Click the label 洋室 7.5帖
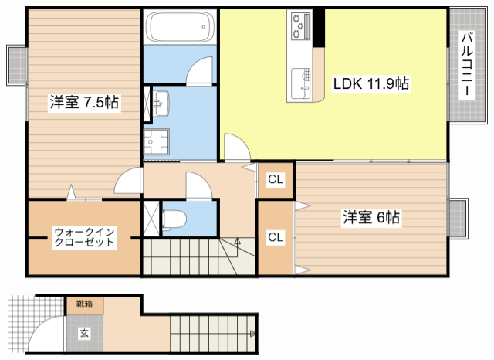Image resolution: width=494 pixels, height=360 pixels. (x=85, y=104)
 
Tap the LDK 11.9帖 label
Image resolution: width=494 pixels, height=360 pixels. (x=370, y=85)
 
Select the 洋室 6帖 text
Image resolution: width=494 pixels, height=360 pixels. (x=370, y=219)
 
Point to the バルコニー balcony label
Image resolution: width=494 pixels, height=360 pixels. (x=468, y=65)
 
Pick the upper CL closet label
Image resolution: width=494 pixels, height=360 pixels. (x=276, y=179)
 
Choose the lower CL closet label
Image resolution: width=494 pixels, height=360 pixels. (x=275, y=237)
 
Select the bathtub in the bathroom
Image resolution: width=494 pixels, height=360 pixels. (x=179, y=28)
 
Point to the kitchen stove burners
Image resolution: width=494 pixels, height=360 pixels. (x=299, y=28)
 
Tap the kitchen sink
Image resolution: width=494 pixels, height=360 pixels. (x=299, y=80)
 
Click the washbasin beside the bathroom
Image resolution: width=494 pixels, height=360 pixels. (x=161, y=103)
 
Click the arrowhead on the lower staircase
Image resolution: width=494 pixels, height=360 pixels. (x=252, y=334)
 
